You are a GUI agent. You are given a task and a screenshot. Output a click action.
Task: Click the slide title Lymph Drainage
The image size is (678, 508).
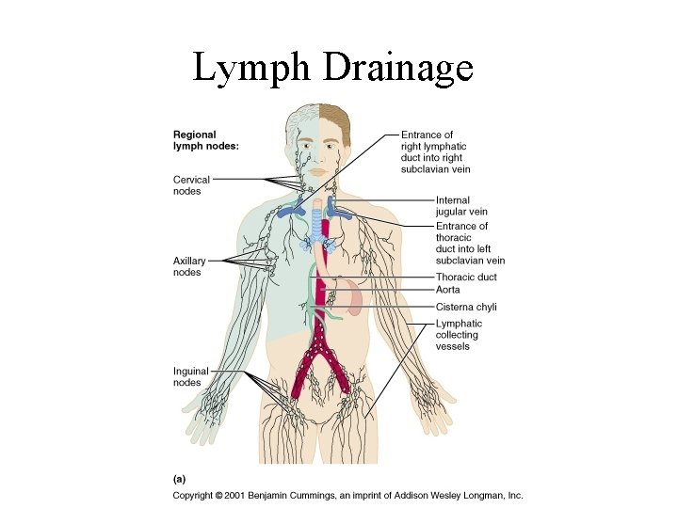pos(332,69)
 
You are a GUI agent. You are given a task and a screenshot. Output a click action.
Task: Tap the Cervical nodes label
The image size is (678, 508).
pos(191,185)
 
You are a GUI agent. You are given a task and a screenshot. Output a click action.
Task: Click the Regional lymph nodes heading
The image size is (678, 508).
pos(205,140)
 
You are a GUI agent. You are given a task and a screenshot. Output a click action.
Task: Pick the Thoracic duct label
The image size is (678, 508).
pos(466,278)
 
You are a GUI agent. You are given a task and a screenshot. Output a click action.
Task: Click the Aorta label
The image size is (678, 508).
pos(448,290)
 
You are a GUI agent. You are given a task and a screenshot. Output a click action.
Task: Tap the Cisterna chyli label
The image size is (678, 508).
pos(466,307)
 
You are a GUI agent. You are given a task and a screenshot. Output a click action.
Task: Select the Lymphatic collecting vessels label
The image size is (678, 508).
pos(458,335)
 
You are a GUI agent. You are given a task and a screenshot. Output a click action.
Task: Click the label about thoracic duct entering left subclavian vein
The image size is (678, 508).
pos(470,243)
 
